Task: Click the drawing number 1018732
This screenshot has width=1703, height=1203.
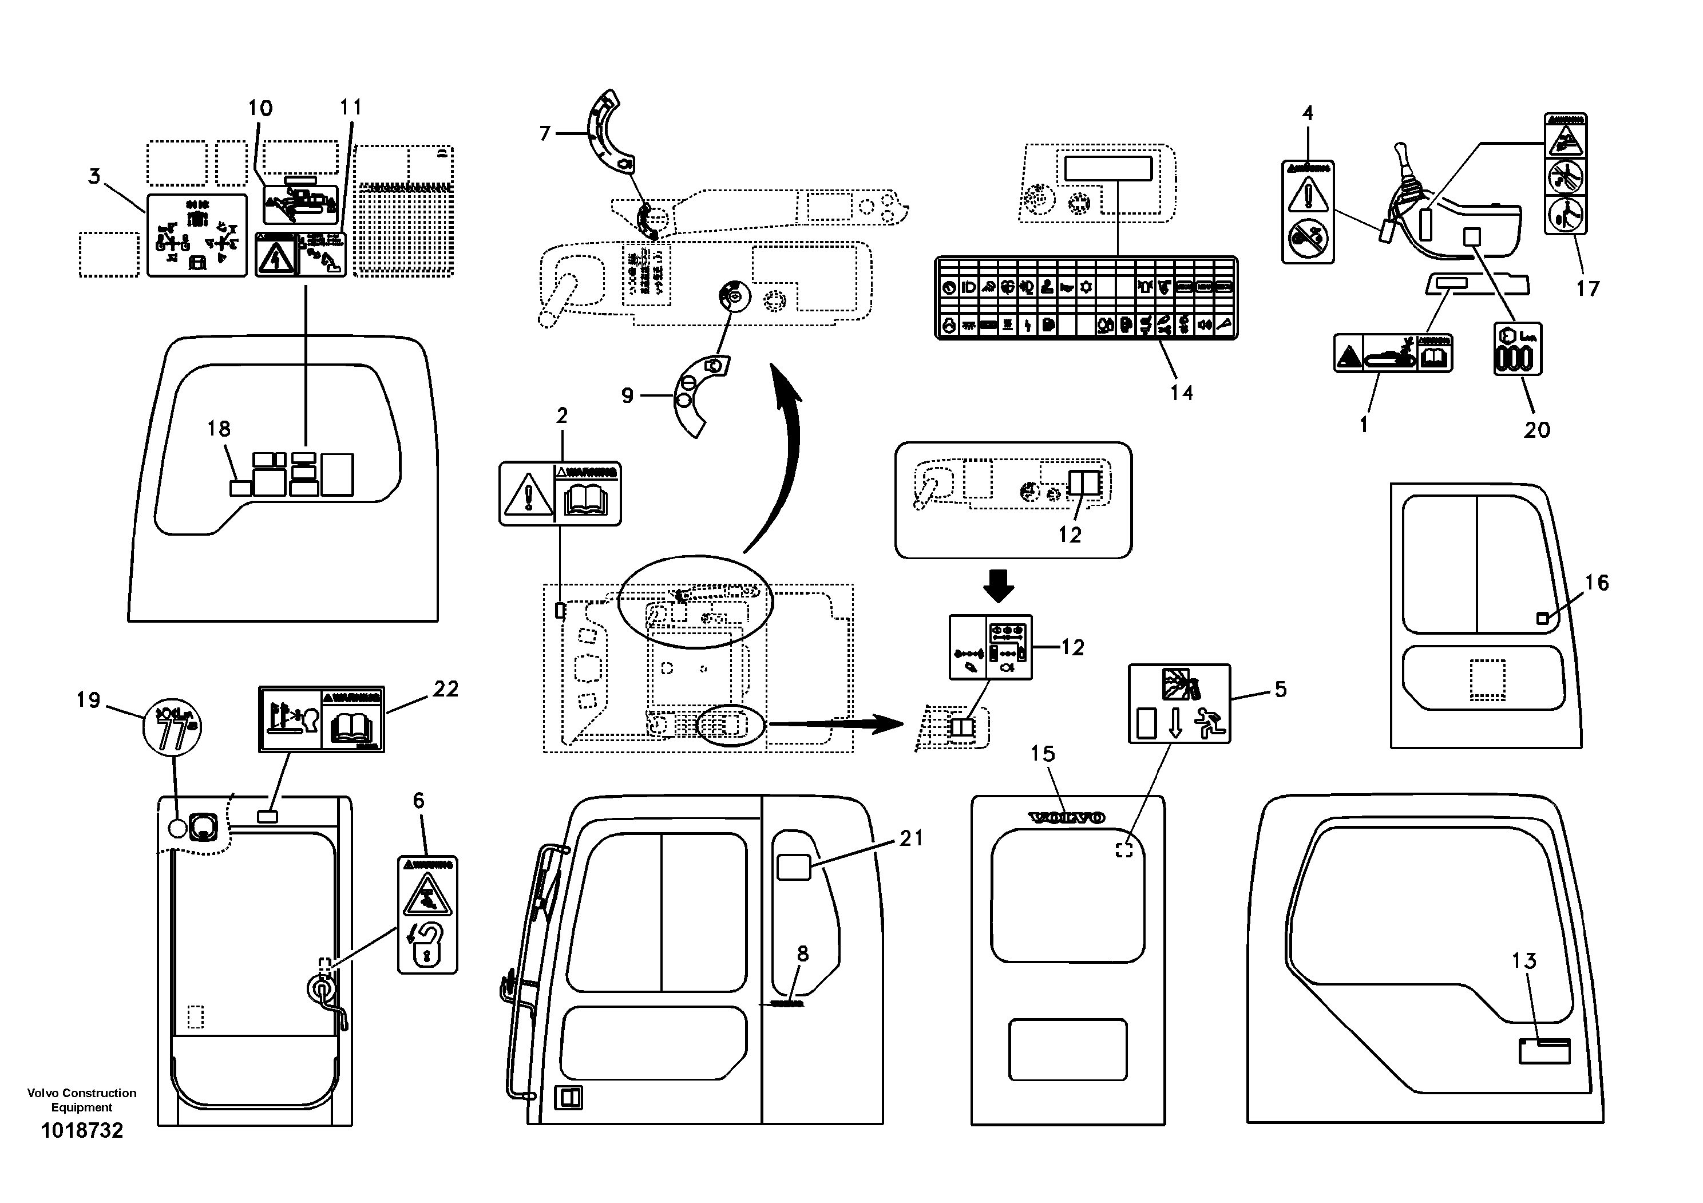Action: coord(82,1130)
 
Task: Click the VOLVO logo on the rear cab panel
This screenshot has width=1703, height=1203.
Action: coord(1067,817)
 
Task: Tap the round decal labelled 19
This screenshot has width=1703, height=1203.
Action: coord(172,725)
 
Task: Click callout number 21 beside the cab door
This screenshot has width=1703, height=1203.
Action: coord(911,839)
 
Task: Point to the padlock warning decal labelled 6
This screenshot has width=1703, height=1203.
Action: coord(427,915)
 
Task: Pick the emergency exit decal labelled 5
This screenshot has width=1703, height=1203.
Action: coord(1179,703)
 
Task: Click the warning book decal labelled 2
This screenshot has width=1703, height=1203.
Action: coord(560,494)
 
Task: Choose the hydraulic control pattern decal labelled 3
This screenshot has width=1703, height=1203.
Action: coord(196,235)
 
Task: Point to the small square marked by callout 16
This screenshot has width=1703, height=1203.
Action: coord(1542,619)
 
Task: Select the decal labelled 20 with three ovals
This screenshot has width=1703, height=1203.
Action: coord(1517,349)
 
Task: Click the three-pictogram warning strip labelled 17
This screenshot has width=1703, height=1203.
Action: coord(1565,173)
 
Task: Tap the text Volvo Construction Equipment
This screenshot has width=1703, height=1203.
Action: coord(82,1100)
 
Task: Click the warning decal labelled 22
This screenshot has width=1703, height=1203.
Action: coord(321,719)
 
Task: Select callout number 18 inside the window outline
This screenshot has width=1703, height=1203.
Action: coord(219,429)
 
